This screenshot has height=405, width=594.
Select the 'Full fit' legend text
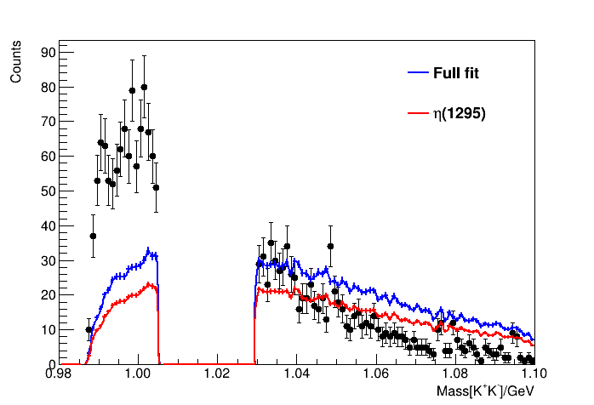coord(455,73)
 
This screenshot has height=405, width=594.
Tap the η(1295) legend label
coord(459,113)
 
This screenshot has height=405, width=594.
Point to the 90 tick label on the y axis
coord(49,53)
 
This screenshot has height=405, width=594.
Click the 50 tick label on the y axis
coord(49,191)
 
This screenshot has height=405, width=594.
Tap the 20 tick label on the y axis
coord(49,295)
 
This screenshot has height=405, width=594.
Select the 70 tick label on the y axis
coord(49,122)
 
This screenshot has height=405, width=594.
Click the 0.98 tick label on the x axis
coord(59,374)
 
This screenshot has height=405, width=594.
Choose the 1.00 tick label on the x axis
coord(138,374)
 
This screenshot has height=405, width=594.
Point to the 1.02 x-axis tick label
coord(217,374)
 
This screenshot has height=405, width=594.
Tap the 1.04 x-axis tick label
coord(296,374)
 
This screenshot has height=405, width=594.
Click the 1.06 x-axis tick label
coord(375,374)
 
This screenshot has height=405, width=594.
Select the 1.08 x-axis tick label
coord(454,374)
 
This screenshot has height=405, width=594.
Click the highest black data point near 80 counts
coord(144,87)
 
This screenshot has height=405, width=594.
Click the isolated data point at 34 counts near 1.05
coord(330,247)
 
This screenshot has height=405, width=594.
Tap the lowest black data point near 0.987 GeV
coord(89,329)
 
